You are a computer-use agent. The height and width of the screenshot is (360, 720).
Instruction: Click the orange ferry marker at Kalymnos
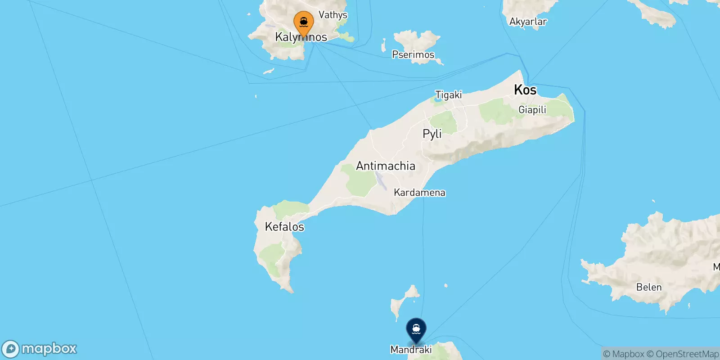tap(304, 22)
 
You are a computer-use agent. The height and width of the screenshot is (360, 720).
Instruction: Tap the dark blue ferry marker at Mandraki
tap(416, 330)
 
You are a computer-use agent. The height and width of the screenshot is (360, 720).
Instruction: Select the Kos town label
tap(525, 90)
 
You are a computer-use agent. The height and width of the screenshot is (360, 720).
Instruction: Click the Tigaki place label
tap(449, 95)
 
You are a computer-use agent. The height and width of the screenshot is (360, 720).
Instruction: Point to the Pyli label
tap(432, 134)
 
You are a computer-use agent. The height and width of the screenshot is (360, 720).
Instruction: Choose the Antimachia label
tap(386, 166)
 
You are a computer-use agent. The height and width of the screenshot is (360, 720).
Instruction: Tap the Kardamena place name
tap(419, 193)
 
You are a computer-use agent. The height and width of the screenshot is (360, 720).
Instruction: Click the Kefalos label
tap(284, 227)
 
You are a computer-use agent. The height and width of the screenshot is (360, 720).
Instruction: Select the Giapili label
tap(532, 110)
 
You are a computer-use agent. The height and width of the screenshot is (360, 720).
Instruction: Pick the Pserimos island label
tap(413, 55)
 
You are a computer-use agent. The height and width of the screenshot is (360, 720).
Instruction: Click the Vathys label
tap(333, 15)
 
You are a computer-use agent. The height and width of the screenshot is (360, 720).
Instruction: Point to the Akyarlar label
tap(528, 22)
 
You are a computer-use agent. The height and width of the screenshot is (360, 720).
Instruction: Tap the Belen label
tap(649, 287)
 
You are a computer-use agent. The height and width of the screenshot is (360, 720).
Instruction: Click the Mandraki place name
tap(411, 350)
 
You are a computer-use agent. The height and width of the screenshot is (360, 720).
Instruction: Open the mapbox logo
tap(40, 349)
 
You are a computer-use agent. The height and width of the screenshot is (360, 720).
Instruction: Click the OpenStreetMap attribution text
tap(683, 354)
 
